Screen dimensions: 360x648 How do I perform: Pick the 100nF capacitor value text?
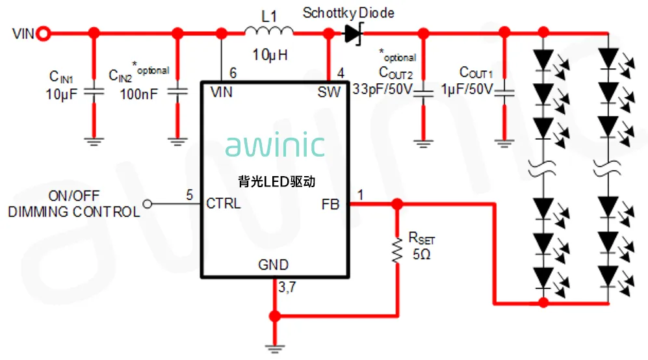pyautogui.click(x=138, y=94)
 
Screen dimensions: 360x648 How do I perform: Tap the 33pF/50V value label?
pyautogui.click(x=382, y=89)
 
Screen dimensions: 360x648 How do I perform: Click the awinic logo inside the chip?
pyautogui.click(x=275, y=146)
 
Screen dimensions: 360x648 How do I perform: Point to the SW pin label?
pyautogui.click(x=329, y=92)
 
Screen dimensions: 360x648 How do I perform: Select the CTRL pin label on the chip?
pyautogui.click(x=223, y=203)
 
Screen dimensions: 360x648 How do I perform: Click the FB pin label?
pyautogui.click(x=330, y=203)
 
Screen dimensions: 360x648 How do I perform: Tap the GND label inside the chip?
pyautogui.click(x=273, y=264)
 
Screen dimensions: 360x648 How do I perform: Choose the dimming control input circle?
pyautogui.click(x=147, y=203)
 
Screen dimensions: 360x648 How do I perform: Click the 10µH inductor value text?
pyautogui.click(x=269, y=55)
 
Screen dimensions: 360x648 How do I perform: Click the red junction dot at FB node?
pyautogui.click(x=396, y=203)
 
